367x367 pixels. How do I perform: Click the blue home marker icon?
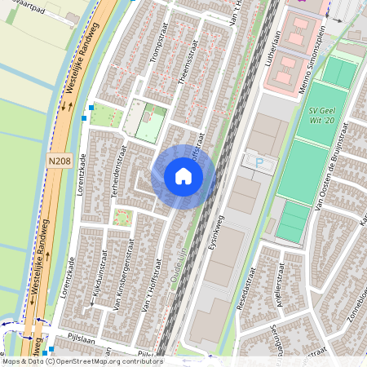[183, 176]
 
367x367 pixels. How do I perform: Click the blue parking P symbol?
[259, 163]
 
